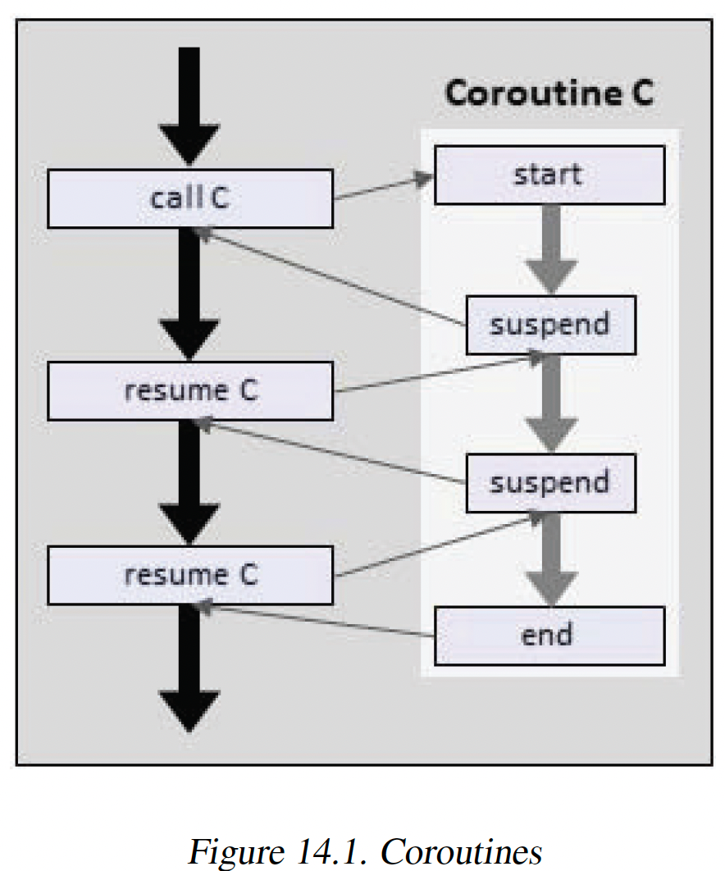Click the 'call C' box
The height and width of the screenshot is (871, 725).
click(x=190, y=198)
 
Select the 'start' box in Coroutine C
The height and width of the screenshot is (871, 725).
click(x=549, y=175)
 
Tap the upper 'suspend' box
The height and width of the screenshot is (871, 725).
click(x=551, y=325)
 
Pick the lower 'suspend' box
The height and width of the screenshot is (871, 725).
click(x=551, y=483)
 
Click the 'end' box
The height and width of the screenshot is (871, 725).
click(x=549, y=636)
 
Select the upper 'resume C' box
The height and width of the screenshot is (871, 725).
click(x=190, y=390)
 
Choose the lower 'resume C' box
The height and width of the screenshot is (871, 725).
click(x=190, y=575)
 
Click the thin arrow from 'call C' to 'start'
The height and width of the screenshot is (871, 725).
click(x=383, y=186)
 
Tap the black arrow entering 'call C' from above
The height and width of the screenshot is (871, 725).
click(x=189, y=106)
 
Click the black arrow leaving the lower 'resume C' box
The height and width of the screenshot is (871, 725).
click(x=189, y=668)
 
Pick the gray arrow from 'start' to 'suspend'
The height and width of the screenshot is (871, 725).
click(x=551, y=249)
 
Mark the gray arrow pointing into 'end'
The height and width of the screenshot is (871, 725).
click(x=551, y=559)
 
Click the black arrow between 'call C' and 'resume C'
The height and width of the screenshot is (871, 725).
click(x=189, y=294)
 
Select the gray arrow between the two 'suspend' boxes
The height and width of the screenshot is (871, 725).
click(x=551, y=404)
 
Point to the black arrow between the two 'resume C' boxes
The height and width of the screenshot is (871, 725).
click(x=189, y=482)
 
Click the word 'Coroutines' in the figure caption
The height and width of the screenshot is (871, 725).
click(x=461, y=851)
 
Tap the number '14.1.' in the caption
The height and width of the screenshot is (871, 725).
click(x=332, y=851)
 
